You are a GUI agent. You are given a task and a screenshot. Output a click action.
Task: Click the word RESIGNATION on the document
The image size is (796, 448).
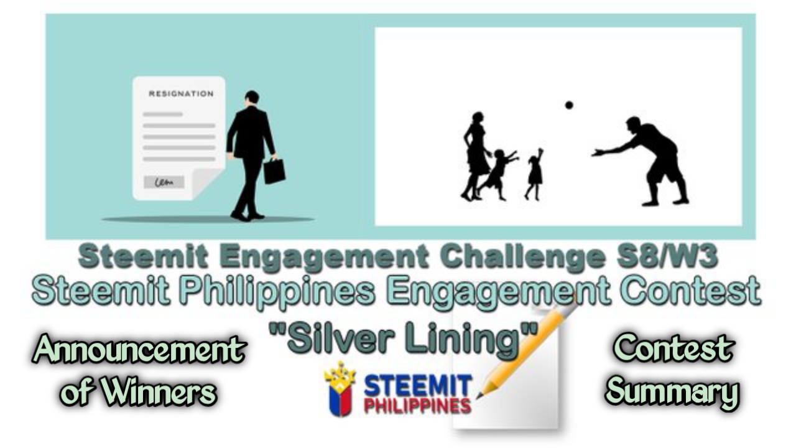point(181,94)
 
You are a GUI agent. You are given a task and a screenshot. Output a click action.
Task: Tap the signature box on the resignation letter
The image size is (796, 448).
point(164,182)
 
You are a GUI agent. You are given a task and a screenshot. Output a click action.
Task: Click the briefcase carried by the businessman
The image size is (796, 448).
point(274,170)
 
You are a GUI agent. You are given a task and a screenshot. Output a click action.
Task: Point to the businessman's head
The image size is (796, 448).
point(252,98)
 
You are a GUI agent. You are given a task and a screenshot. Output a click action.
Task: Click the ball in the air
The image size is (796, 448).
point(569,105)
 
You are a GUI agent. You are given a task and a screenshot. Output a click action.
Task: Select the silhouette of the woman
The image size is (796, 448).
point(476,156)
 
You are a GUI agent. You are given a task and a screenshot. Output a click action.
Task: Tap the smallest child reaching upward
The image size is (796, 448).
point(534,174)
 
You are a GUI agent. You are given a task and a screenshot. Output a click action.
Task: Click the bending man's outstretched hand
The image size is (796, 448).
point(597,153)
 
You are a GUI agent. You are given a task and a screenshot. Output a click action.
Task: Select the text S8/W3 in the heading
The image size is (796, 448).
point(667,257)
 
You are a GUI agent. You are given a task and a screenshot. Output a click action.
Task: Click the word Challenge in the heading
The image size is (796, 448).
point(522,257)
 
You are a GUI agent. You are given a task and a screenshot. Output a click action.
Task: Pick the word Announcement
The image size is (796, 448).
point(139,348)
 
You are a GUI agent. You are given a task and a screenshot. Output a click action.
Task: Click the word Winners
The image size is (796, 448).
point(159,391)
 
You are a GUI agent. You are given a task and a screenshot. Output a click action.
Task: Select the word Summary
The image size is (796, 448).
point(672,391)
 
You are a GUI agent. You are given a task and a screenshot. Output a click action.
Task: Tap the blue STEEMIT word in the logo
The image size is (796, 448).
point(418,386)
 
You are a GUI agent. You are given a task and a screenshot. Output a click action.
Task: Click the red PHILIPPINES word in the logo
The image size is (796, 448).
point(418,406)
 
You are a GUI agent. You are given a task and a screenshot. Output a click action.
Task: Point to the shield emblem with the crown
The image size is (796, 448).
point(340,390)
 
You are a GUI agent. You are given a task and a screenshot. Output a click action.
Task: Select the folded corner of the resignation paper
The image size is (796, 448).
point(205,182)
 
